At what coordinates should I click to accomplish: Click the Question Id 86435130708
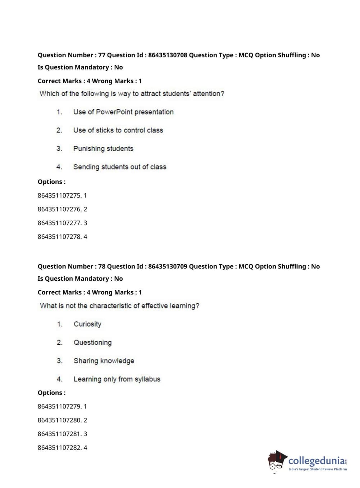pos(167,55)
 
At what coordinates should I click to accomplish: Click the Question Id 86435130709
pos(167,266)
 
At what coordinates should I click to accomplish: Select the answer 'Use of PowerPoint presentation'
pos(123,112)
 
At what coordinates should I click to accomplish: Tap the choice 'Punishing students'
pos(103,149)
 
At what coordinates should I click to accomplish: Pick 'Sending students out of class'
pos(120,167)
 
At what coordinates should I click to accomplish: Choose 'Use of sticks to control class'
pos(118,130)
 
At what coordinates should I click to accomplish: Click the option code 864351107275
pos(59,195)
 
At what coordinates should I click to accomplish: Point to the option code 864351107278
pos(59,236)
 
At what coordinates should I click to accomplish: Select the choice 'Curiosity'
pos(87,324)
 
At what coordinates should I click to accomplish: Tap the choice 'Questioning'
pos(92,343)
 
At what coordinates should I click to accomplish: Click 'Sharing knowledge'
pos(104,361)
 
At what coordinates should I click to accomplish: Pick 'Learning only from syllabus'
pos(117,379)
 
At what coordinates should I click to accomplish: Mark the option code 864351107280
pos(59,420)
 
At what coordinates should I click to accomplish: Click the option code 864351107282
pos(59,448)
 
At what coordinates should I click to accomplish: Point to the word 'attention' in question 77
pos(208,94)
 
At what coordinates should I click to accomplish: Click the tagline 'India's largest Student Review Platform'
pos(318,469)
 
